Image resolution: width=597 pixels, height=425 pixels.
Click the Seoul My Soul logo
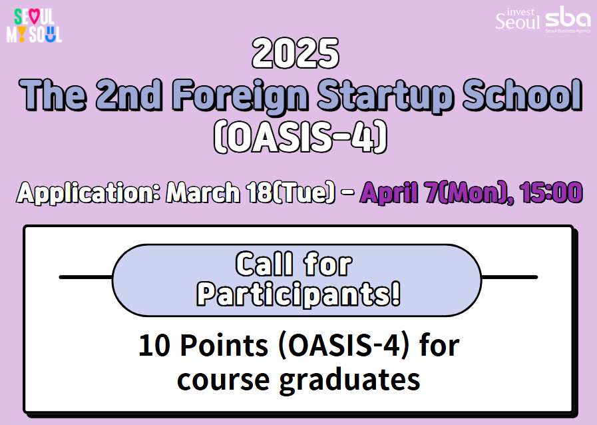point(34,26)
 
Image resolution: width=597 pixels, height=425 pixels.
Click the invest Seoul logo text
point(518,19)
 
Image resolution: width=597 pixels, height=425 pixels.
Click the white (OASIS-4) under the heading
point(299,137)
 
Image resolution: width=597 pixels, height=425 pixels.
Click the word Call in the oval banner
point(264,265)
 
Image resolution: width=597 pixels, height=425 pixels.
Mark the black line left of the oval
point(85,276)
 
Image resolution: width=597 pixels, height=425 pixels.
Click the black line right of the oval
point(509,276)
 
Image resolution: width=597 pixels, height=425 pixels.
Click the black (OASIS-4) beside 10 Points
point(340,348)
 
